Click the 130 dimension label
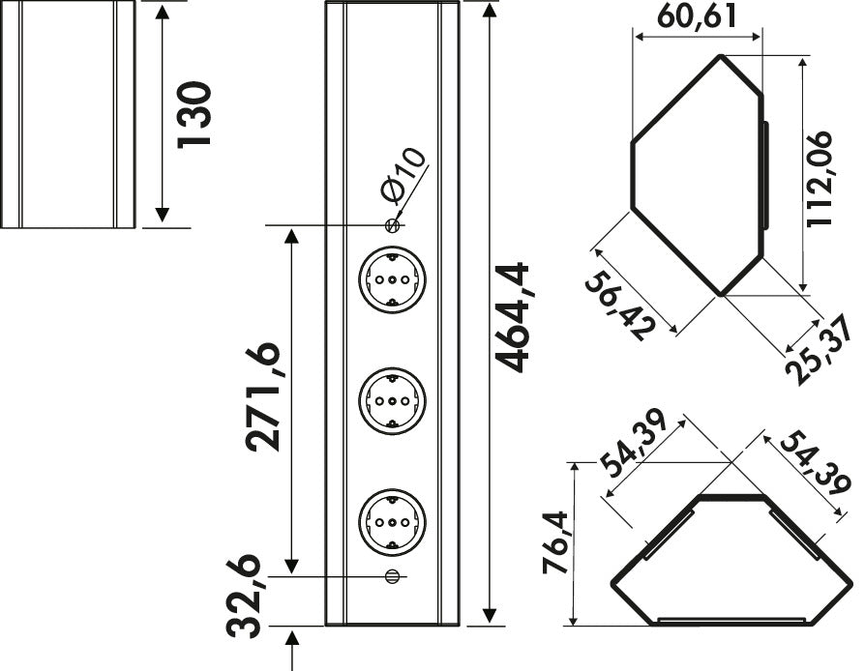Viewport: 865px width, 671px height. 194,114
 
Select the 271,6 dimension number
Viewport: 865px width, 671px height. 263,397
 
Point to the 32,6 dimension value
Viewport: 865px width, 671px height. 243,596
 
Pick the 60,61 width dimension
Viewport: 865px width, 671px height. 697,17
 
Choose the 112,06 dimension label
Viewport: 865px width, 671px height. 820,179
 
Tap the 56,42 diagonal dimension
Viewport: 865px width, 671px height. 620,306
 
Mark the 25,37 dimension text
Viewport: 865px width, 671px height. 822,350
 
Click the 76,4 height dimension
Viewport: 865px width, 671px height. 555,543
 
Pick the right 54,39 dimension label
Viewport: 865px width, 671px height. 816,463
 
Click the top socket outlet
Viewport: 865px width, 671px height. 392,280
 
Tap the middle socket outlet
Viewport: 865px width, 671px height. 392,401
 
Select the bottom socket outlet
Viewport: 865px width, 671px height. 392,522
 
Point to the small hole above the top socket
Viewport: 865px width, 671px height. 392,225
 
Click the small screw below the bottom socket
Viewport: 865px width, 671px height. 392,576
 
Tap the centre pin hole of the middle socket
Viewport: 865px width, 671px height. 392,401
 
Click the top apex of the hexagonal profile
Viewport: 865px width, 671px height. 719,55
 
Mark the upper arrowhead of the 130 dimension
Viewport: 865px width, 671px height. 162,12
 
